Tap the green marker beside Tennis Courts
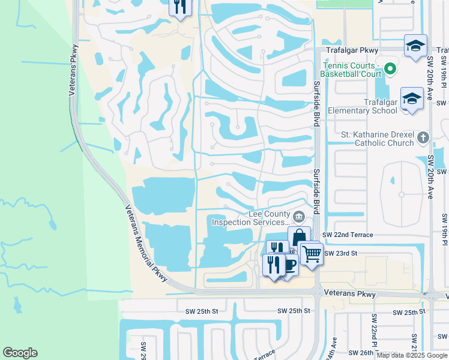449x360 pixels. tap(391, 68)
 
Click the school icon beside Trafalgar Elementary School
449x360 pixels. tap(412, 100)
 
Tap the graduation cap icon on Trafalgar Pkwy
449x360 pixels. tap(415, 46)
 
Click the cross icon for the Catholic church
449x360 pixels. tap(423, 137)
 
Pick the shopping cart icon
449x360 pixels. tap(312, 254)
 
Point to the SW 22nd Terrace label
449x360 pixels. tap(348, 235)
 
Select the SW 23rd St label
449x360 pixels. tap(340, 254)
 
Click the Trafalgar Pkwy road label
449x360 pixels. tap(346, 51)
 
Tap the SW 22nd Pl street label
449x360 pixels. tap(374, 336)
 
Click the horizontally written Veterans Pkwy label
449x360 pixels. tap(349, 295)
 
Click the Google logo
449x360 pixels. tap(20, 353)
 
